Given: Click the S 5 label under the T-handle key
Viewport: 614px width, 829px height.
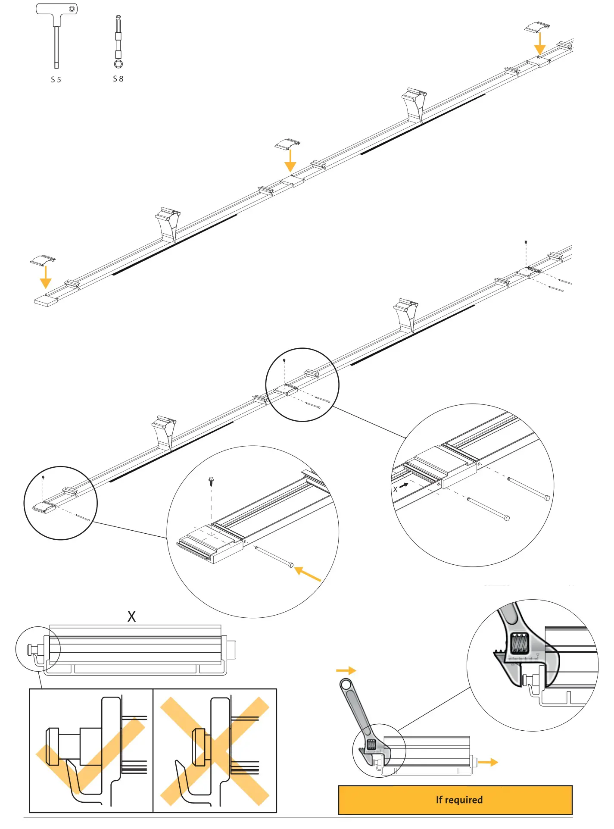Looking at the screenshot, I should [x=56, y=80].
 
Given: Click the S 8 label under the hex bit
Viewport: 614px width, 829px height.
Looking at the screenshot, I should [x=118, y=79].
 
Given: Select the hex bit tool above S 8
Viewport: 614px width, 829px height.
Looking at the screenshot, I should [x=118, y=41].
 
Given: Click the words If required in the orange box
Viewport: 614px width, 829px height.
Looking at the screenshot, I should [x=459, y=800].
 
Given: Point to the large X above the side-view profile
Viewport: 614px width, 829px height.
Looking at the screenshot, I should [x=131, y=616].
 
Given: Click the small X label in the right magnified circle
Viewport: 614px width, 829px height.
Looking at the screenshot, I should [x=395, y=489].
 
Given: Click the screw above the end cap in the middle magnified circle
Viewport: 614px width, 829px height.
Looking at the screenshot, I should [x=211, y=481].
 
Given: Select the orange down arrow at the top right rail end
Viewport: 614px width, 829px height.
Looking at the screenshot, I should [x=539, y=44].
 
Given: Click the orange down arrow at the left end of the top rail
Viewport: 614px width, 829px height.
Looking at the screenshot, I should [x=46, y=277].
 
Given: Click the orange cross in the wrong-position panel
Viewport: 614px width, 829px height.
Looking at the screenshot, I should [x=215, y=751].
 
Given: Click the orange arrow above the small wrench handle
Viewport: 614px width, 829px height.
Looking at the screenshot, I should [x=346, y=670].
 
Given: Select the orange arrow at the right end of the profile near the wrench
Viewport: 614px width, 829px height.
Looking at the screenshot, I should [x=488, y=762].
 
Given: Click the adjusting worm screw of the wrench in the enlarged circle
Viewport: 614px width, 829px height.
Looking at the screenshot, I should [x=519, y=644].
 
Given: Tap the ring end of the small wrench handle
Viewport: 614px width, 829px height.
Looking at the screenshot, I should [x=346, y=684].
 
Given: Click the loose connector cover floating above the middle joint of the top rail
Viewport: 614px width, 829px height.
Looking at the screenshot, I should [x=287, y=144].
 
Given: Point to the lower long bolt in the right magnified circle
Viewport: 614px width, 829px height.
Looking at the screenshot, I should [x=488, y=508].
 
